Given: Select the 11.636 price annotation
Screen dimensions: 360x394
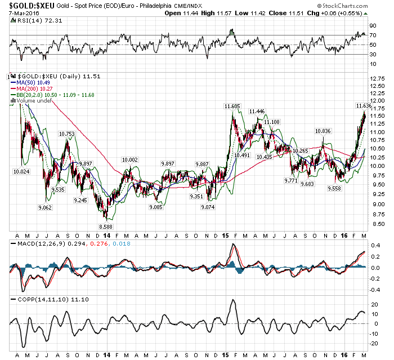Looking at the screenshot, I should (364, 105).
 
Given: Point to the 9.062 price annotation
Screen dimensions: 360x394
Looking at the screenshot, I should (44, 207).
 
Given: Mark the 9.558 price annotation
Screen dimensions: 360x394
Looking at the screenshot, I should (334, 189).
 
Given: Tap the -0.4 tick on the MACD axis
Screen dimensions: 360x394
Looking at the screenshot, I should (374, 290).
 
